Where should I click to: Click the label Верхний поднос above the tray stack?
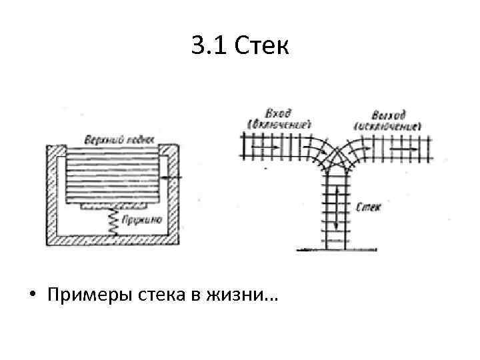[119, 139]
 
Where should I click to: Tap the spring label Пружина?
[140, 219]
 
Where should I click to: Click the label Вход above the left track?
[278, 113]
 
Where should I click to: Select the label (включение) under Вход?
[279, 124]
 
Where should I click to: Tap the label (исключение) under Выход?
[388, 125]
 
